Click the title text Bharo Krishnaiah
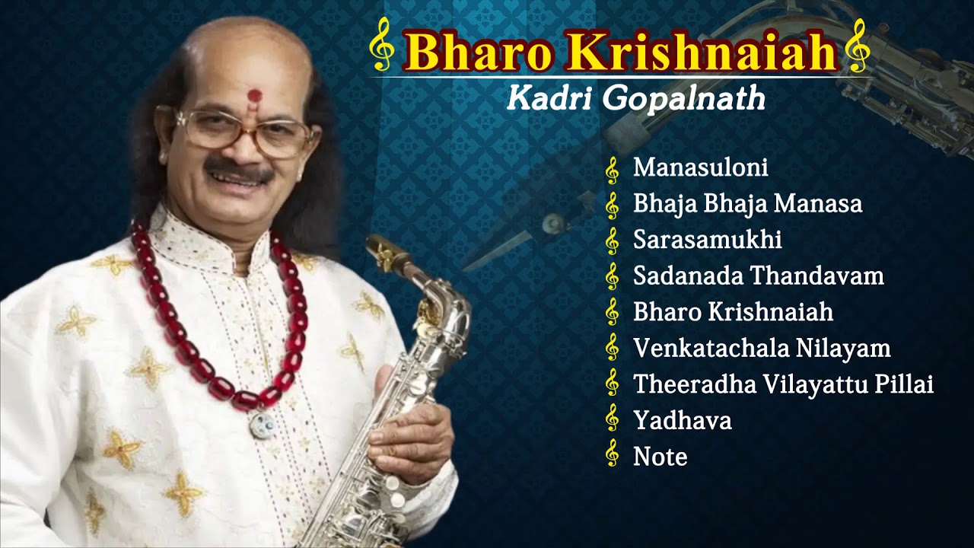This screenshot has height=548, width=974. [620, 52]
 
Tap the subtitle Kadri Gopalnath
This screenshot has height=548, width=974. [635, 99]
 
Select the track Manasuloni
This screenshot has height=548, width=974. [700, 168]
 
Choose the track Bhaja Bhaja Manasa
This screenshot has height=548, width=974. [747, 204]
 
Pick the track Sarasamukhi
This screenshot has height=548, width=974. [707, 241]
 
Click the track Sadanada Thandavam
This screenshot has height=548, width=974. [758, 276]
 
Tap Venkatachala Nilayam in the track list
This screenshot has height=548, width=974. [762, 349]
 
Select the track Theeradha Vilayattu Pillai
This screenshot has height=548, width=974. [783, 384]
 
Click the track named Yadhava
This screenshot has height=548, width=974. [682, 420]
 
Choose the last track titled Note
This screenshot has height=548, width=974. [660, 457]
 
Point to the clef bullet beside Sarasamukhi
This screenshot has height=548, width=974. [612, 241]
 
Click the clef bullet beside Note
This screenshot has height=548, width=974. [612, 456]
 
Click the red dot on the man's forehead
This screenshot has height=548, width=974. [254, 96]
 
